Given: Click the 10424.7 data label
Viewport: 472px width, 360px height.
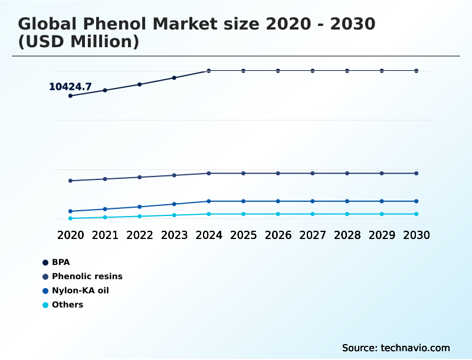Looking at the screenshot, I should point(70,87).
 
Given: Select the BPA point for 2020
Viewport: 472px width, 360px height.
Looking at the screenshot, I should point(70,96).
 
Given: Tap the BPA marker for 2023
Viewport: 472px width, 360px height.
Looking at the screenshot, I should point(174,78).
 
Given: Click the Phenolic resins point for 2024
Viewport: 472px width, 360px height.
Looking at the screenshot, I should point(209,174).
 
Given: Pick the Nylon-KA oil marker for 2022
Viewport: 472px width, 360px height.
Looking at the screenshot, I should point(140,207).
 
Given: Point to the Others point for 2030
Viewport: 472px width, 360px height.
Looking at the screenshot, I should point(416,214).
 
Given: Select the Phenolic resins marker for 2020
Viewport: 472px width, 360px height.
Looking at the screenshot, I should point(70,181).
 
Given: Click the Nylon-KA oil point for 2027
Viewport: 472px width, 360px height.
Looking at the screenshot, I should point(313,201).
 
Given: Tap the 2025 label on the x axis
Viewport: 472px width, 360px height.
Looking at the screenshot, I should point(243,235).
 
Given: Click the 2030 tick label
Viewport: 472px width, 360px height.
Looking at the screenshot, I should point(416,235).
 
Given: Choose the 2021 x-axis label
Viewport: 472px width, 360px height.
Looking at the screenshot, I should point(105,235).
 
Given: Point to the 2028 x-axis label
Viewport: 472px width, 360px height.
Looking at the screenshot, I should point(347,235).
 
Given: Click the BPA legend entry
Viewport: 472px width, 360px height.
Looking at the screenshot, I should point(61,262).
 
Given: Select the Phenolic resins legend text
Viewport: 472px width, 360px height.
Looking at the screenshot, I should point(87,276).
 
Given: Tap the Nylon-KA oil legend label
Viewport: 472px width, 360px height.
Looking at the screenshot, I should point(80,290).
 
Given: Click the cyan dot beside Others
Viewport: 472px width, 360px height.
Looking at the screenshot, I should point(45,305).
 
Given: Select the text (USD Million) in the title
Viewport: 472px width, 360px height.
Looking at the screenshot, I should point(78,42).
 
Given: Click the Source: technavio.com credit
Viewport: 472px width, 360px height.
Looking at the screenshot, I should point(396,348).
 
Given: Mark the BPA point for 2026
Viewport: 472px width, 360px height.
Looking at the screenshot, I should point(278,71).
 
